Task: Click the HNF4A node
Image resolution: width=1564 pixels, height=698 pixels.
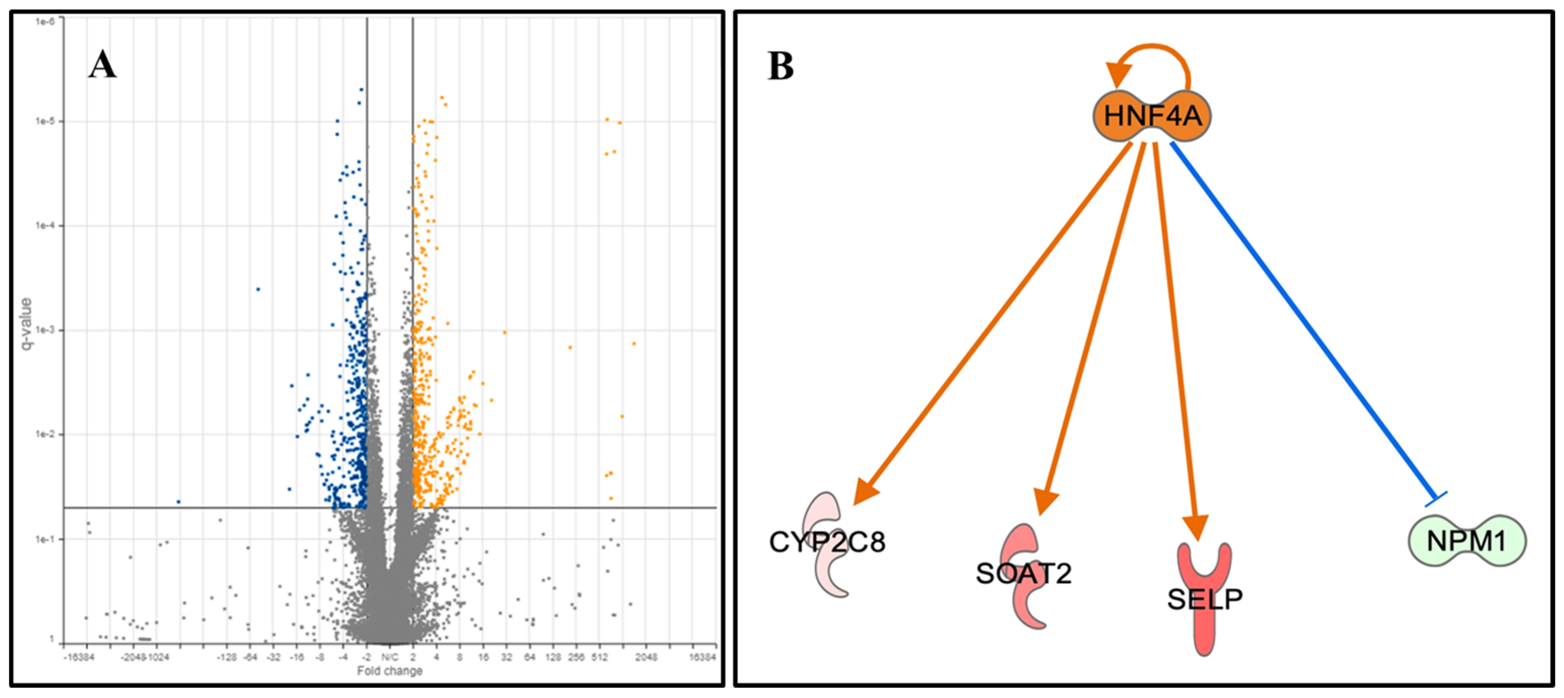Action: tap(1152, 116)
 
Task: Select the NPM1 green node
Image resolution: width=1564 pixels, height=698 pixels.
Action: tap(1466, 540)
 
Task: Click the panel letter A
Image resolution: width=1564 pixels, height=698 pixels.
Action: tap(102, 65)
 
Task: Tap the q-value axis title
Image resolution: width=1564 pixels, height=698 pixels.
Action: tap(26, 323)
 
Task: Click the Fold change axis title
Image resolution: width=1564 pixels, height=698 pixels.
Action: tap(389, 671)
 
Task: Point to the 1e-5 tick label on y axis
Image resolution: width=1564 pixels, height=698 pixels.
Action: tap(46, 121)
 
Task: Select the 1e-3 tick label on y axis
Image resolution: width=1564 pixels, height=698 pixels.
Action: tap(46, 330)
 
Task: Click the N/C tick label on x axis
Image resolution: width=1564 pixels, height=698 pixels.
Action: tap(390, 658)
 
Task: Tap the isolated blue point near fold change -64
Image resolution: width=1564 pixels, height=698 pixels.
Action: tap(258, 289)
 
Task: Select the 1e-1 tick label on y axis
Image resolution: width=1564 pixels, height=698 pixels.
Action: tap(46, 539)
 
